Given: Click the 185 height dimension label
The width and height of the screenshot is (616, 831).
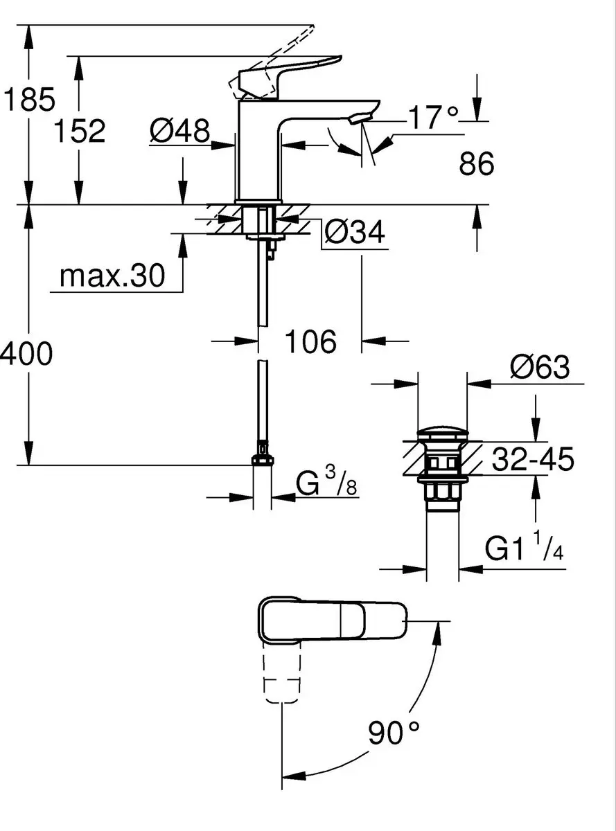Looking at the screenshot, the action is point(29,99).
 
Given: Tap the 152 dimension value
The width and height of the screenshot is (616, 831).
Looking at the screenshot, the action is point(80,131).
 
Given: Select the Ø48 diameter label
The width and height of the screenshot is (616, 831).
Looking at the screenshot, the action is point(180,131).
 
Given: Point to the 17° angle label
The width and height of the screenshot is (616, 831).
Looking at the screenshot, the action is point(433,117).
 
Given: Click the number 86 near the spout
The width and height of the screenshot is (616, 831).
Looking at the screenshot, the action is point(477,163).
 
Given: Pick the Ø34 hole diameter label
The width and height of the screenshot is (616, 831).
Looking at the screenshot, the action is point(355,232).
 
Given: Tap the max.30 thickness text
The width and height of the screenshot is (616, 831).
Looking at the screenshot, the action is point(112,276).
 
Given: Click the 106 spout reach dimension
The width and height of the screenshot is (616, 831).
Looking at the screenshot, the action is point(311,341).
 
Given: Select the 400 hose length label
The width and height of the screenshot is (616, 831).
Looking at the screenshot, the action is point(26,353).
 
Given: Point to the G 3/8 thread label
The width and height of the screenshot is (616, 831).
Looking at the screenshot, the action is point(326,483).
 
